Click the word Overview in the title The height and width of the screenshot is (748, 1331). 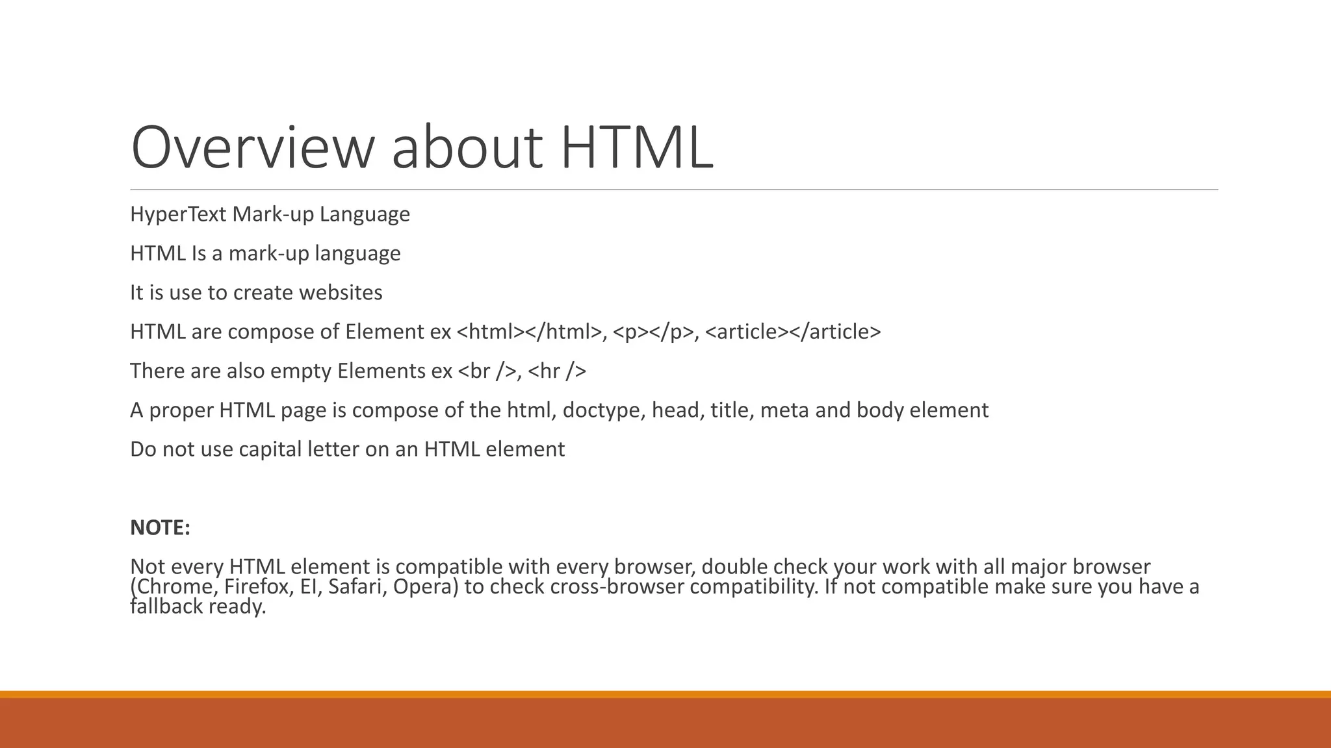[252, 148]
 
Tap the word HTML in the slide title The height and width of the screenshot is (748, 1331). [636, 148]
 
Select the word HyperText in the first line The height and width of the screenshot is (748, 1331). [178, 214]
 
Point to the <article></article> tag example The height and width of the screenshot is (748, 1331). [793, 332]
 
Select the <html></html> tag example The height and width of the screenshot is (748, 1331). [530, 332]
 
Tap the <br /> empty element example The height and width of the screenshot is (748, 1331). [487, 371]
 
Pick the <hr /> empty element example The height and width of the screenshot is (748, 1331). [557, 371]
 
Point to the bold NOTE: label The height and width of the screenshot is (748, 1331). [160, 528]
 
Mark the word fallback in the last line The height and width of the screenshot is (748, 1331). [166, 606]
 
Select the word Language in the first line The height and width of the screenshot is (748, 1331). [365, 214]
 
